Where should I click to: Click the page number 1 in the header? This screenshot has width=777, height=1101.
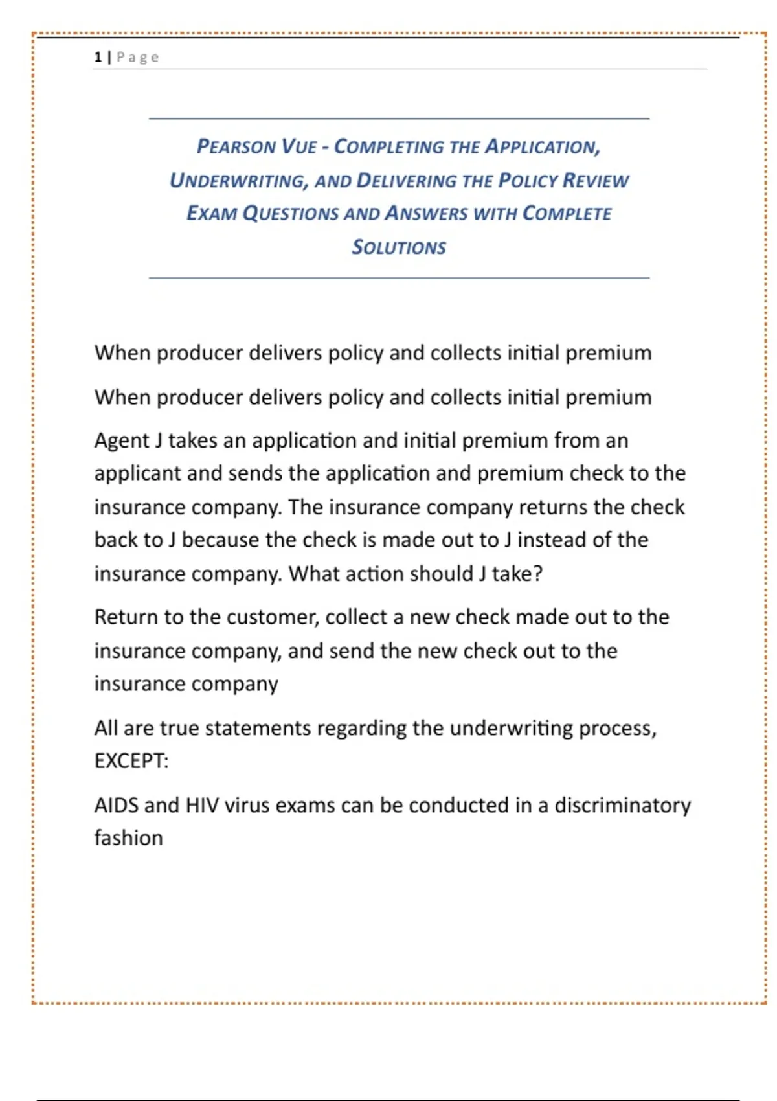(98, 57)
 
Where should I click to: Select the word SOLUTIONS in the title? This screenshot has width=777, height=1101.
(399, 247)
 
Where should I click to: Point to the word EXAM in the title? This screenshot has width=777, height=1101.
(211, 213)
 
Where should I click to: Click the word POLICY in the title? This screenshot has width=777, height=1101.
(526, 180)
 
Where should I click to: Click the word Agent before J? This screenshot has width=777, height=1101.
(122, 440)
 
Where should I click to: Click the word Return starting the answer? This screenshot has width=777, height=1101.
(126, 617)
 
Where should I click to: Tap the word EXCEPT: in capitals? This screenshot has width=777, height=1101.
(131, 760)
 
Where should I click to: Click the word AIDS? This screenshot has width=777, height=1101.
(117, 805)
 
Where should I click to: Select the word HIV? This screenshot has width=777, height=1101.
(202, 805)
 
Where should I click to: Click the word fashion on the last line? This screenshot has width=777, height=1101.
(128, 838)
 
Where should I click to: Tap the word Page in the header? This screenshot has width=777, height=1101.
(138, 57)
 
